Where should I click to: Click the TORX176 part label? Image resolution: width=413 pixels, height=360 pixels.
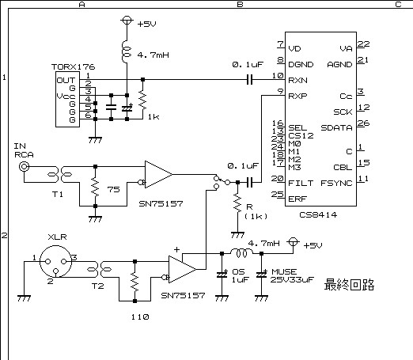coord(73,67)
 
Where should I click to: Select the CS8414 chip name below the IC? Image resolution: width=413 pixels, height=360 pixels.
coord(318,215)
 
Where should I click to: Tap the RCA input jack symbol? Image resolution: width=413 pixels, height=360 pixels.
coord(24,166)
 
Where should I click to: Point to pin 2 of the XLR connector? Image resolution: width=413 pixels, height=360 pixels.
coord(55,271)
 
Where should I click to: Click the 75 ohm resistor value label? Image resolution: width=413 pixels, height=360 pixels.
coord(113,189)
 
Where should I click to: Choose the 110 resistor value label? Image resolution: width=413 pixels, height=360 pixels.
coord(140,316)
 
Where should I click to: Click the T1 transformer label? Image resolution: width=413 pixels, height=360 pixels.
coord(58,195)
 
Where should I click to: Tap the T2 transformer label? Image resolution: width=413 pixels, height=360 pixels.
coord(97,286)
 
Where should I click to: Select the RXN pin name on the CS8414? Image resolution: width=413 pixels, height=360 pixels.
coord(297,80)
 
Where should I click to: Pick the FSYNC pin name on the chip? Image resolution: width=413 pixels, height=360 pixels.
coord(336,183)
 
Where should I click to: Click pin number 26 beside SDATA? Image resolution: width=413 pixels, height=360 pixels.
coord(363,123)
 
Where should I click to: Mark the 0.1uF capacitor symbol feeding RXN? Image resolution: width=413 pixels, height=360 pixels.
coord(249,79)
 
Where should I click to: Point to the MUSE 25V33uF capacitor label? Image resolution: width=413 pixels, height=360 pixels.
coord(292,275)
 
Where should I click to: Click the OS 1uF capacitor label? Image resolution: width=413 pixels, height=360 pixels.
coord(240,275)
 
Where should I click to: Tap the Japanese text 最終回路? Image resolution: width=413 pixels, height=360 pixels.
coord(349,285)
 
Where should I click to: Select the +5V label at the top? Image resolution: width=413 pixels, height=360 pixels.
coord(147,25)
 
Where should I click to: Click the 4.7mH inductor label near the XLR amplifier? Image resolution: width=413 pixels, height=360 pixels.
coord(263,243)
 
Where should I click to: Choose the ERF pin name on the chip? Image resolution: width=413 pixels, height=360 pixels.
coord(297,199)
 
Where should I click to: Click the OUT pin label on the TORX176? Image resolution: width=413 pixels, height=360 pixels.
coord(66,80)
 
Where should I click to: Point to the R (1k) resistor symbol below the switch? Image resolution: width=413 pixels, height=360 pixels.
coord(237,203)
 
